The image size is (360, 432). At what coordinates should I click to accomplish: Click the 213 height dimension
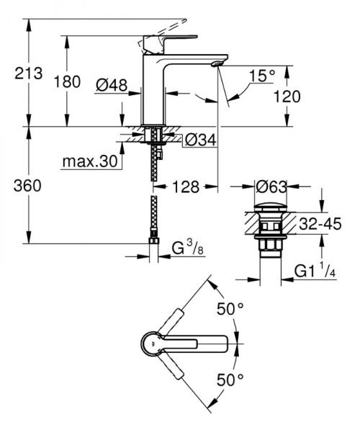click(29, 73)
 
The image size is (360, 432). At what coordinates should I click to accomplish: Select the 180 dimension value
click(67, 82)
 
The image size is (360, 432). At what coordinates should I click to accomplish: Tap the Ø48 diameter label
click(112, 85)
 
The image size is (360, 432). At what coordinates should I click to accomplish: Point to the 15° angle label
click(261, 76)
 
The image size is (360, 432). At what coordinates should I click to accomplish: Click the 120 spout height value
click(287, 96)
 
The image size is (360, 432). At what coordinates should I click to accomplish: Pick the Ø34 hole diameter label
click(201, 140)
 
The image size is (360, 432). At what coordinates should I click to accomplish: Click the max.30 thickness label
click(90, 161)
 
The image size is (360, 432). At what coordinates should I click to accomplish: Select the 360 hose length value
click(27, 186)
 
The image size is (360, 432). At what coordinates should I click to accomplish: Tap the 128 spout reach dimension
click(186, 187)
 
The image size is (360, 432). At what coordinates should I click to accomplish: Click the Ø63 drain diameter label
click(271, 187)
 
